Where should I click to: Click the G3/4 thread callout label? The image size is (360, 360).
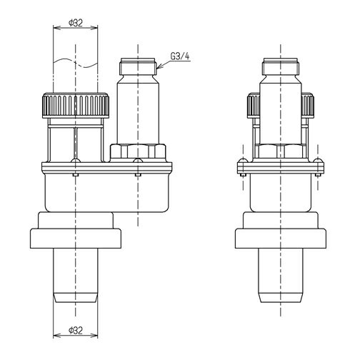click(x=180, y=56)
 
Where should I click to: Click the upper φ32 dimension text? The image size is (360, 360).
click(x=76, y=23)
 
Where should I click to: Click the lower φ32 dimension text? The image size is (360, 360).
click(x=76, y=331)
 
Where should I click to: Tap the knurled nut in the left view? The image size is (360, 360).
click(x=76, y=105)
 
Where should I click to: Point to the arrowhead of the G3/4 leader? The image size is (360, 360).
click(x=159, y=66)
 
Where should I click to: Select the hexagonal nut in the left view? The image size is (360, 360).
click(x=138, y=151)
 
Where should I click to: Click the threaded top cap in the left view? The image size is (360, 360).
click(x=138, y=66)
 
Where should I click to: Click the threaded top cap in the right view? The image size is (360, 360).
click(x=281, y=66)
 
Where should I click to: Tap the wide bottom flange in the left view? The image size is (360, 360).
click(x=76, y=239)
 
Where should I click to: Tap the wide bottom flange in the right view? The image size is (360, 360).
click(x=281, y=239)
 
